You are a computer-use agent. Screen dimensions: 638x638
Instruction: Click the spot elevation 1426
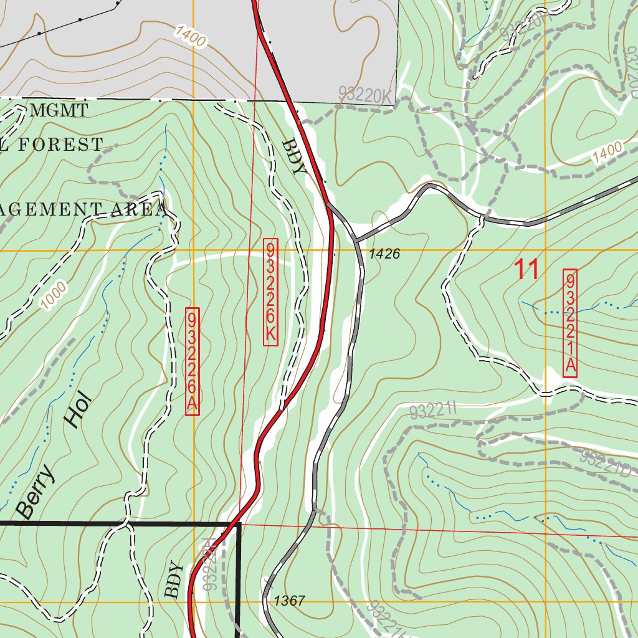(384, 254)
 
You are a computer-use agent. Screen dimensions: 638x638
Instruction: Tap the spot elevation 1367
(289, 601)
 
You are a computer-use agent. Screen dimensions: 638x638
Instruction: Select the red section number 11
(526, 270)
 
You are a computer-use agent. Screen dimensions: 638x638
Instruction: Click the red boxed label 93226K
(270, 292)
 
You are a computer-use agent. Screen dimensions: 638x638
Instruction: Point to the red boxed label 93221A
(570, 323)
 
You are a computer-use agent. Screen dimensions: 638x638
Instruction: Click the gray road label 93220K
(366, 93)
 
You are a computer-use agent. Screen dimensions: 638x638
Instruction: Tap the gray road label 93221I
(434, 411)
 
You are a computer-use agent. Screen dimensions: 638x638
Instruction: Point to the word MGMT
(59, 112)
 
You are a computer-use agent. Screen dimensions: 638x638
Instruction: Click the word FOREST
(60, 145)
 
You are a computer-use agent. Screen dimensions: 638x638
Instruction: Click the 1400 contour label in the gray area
(190, 36)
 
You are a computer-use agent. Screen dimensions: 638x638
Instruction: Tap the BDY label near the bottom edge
(174, 581)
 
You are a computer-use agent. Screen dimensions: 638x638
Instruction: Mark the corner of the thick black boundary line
(239, 525)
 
